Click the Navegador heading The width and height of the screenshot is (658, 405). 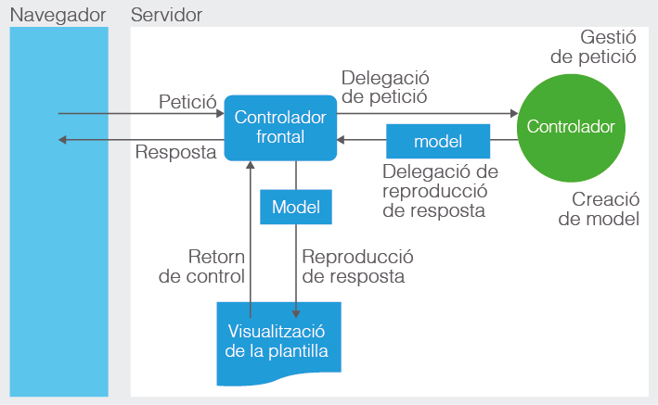coord(58,16)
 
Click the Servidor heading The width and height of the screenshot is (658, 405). coord(167,15)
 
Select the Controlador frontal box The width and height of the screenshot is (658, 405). coord(280,128)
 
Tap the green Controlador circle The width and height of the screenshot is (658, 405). coord(571,128)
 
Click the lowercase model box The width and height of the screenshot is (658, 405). coord(438,141)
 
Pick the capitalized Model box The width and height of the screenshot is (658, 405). coord(296,207)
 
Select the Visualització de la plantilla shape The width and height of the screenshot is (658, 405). coord(278,343)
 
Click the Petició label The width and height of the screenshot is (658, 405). coord(187,101)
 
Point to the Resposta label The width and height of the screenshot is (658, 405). coord(175,152)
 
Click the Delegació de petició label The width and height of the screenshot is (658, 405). coord(385,87)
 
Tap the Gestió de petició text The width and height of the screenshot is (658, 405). coord(593,47)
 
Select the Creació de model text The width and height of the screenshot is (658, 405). coord(599,209)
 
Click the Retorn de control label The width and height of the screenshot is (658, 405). coord(201,266)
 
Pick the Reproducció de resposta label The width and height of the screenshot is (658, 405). coord(357,266)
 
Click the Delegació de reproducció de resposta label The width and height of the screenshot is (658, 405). coord(440,191)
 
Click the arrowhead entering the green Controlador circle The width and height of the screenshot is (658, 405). coord(514,113)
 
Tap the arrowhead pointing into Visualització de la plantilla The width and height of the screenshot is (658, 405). coord(296,313)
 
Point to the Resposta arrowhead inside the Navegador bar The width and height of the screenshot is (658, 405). coord(62,140)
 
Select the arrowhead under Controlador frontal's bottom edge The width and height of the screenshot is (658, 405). coord(250,165)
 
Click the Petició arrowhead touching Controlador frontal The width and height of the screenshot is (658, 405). coord(220,113)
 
